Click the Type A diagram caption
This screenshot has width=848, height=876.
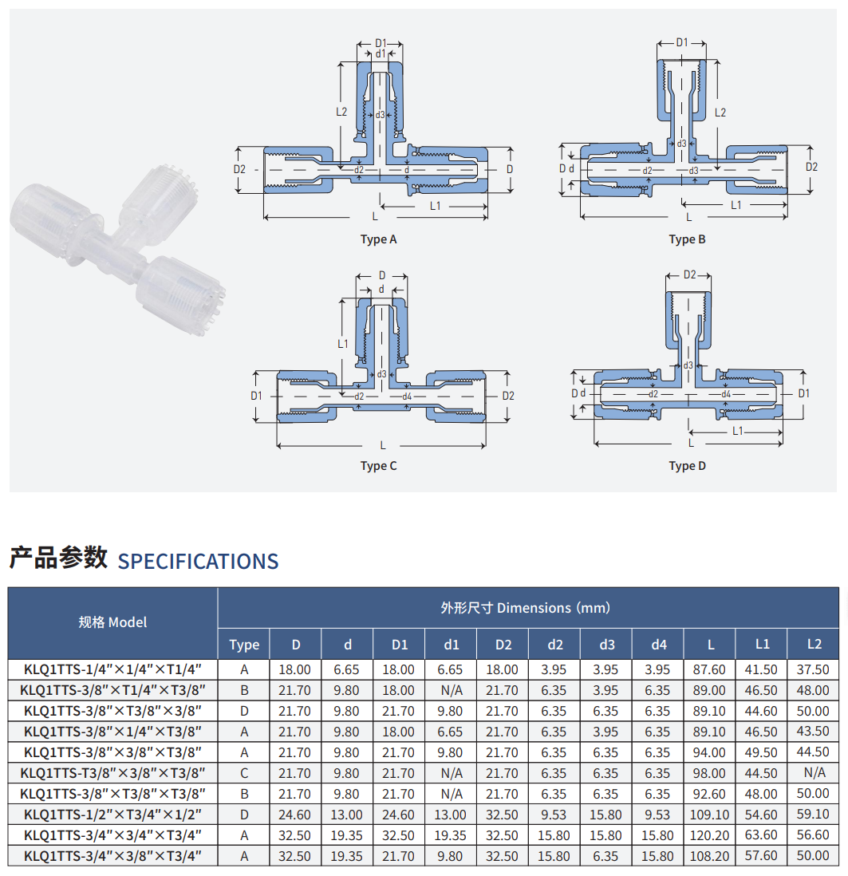tap(378, 239)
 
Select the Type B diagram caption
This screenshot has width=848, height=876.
tap(687, 239)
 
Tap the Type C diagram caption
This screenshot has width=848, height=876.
tap(378, 466)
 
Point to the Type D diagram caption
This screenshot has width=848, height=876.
tap(687, 466)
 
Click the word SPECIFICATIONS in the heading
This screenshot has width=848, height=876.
tap(198, 562)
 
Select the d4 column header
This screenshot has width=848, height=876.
tap(659, 645)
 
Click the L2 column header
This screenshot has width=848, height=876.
tap(814, 644)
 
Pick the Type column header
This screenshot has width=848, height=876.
tap(244, 645)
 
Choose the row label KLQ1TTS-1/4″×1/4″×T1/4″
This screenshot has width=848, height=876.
tap(112, 669)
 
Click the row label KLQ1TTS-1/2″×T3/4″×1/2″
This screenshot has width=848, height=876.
tap(112, 815)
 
